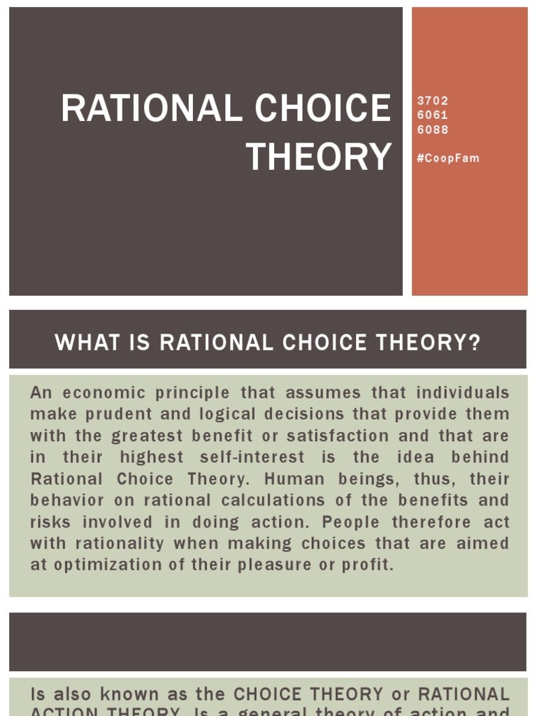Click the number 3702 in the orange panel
pos(432,101)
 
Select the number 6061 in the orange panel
pos(432,115)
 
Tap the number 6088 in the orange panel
pos(432,129)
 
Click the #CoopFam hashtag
pos(448,158)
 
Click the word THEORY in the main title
pos(318,157)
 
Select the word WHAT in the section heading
pos(83,343)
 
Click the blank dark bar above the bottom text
pos(268,642)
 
